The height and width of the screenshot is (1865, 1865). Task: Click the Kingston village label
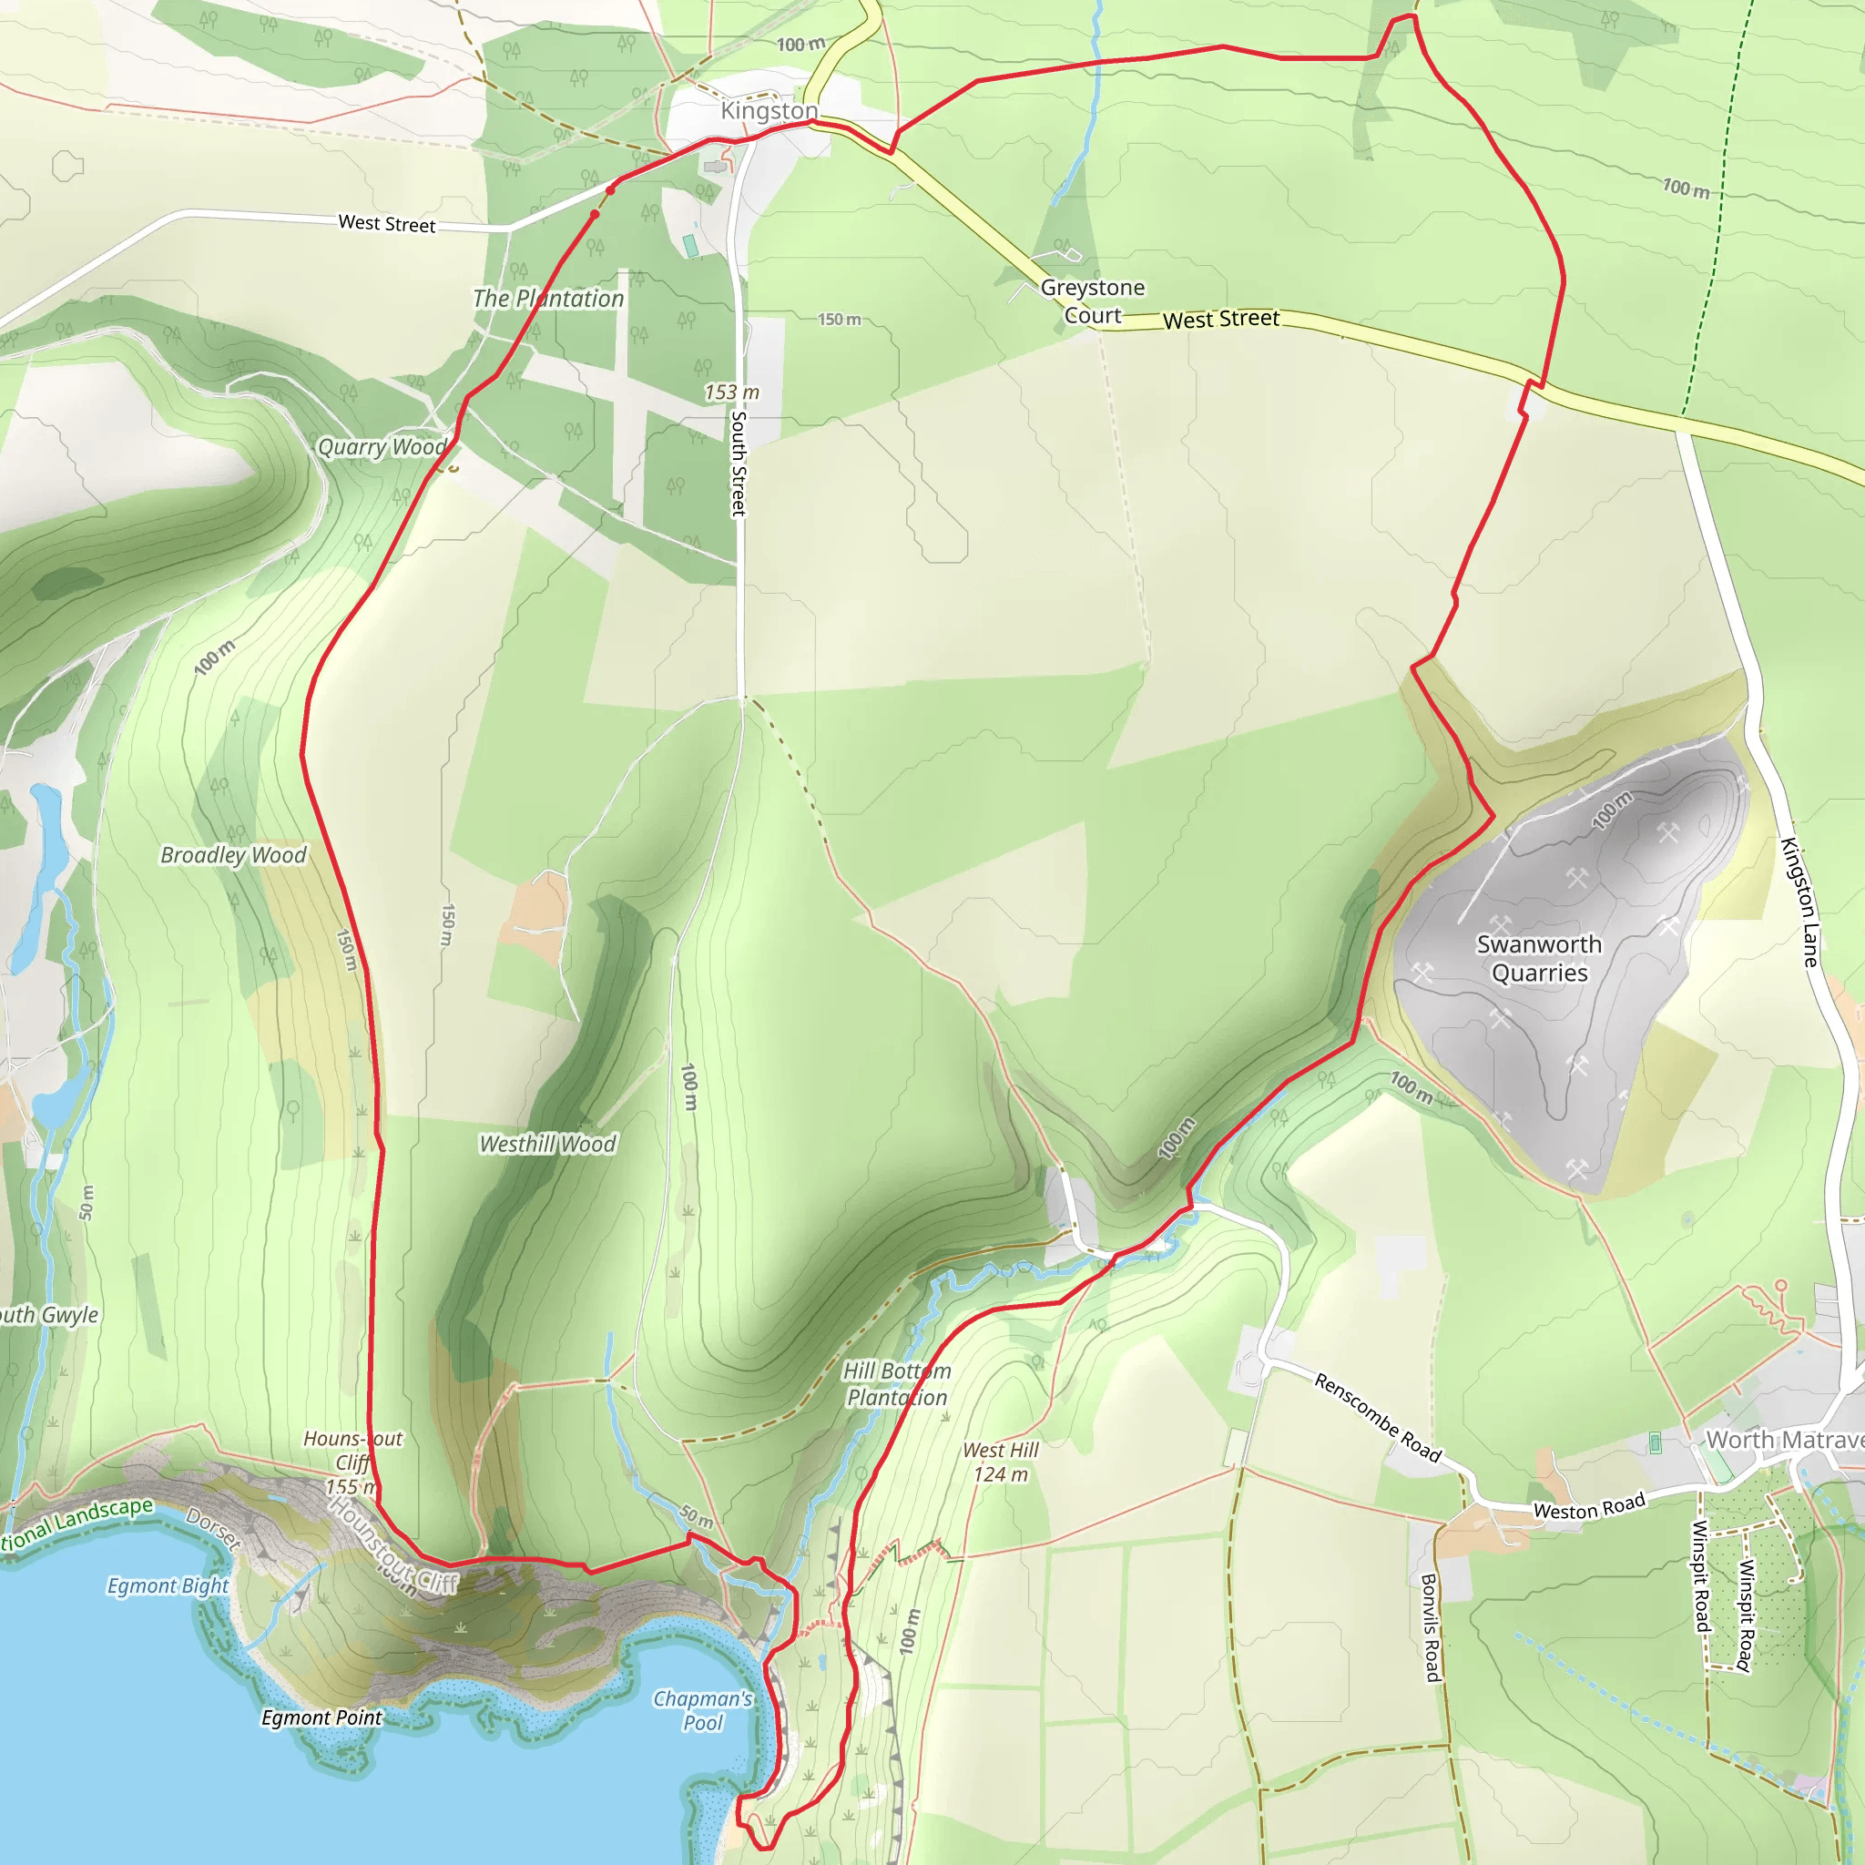point(769,111)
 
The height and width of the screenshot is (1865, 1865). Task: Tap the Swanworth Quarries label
point(1539,959)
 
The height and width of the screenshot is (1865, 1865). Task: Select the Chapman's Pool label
point(703,1710)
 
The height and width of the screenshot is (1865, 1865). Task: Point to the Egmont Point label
point(321,1718)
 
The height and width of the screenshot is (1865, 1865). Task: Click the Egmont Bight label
point(168,1586)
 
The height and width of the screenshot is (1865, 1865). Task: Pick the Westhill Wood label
point(547,1144)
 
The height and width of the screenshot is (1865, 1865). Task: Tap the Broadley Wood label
point(234,855)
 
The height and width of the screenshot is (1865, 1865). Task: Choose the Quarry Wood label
point(382,447)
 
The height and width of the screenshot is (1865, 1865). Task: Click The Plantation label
point(548,300)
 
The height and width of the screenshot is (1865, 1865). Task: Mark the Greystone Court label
point(1093,301)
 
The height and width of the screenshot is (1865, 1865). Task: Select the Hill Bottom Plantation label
point(897,1384)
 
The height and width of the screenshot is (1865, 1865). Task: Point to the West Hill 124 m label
point(1001,1462)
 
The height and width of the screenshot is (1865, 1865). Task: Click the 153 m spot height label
point(732,392)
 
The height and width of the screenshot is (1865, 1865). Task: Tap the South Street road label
point(739,464)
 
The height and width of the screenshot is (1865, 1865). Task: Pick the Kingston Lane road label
point(1799,902)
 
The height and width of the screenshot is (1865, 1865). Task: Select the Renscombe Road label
point(1378,1418)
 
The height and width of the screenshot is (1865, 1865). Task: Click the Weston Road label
point(1589,1507)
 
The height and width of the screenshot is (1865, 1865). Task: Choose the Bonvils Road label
point(1431,1627)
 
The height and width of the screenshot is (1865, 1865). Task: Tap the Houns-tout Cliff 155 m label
point(352,1462)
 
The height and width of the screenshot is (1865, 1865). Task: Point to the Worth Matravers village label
point(1784,1440)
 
